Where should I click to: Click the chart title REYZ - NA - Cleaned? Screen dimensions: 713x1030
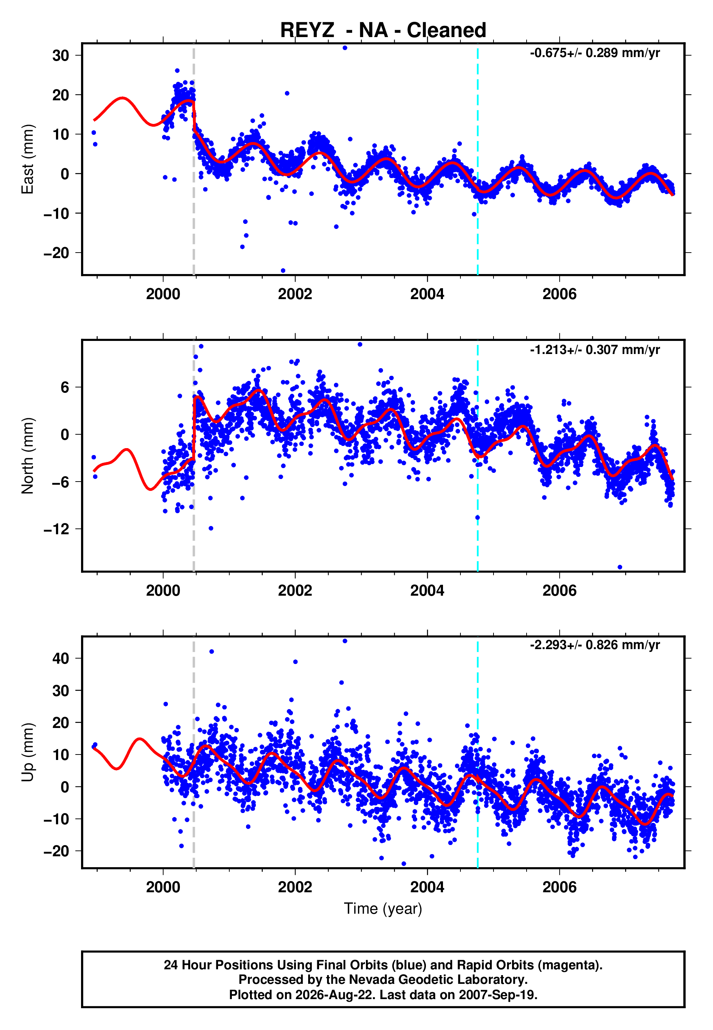(383, 31)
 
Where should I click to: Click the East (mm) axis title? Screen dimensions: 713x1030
(28, 159)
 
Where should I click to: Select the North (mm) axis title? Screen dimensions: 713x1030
(28, 456)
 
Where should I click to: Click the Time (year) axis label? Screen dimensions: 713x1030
(383, 909)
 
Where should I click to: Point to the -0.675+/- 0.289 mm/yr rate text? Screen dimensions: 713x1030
(595, 53)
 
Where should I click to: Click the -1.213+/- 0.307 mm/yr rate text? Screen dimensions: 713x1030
(595, 350)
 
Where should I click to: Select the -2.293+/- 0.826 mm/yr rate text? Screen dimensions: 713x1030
(595, 645)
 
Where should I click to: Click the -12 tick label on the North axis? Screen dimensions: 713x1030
(57, 529)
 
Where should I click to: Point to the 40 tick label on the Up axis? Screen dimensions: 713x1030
(61, 658)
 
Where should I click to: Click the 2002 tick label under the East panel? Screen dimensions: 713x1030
(295, 294)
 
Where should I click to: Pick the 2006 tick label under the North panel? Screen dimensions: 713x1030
(559, 591)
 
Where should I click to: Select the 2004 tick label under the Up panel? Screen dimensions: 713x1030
(427, 887)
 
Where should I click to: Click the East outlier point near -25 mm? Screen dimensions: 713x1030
(283, 271)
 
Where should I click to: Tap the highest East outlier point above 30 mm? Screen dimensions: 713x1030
(345, 48)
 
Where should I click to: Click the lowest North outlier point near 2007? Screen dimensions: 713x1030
(620, 567)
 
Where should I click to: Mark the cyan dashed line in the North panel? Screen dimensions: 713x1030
(478, 456)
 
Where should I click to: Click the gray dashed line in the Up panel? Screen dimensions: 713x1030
(193, 752)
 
